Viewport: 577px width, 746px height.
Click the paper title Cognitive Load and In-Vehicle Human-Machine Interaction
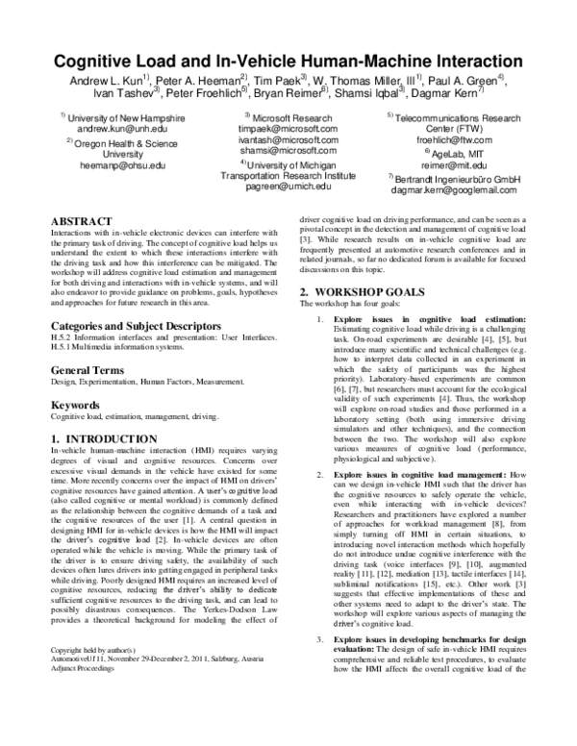(288, 61)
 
